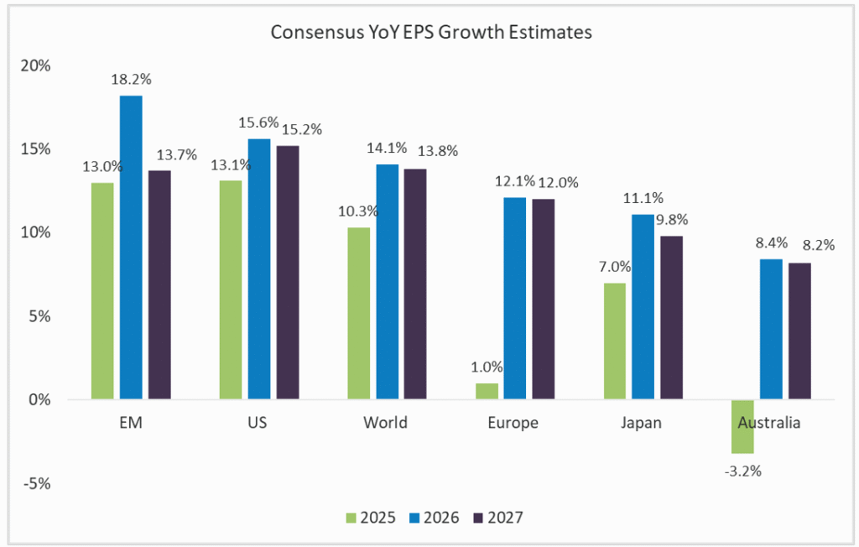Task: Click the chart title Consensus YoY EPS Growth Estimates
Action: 430,33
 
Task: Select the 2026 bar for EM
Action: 131,247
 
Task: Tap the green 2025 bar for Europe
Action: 487,392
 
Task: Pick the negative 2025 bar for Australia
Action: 743,426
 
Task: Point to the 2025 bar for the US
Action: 231,290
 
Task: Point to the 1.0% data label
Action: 486,367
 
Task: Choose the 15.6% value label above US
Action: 260,122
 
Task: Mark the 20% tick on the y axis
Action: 36,65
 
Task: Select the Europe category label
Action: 513,423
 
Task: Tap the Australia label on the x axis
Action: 769,423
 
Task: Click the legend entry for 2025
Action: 371,518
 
